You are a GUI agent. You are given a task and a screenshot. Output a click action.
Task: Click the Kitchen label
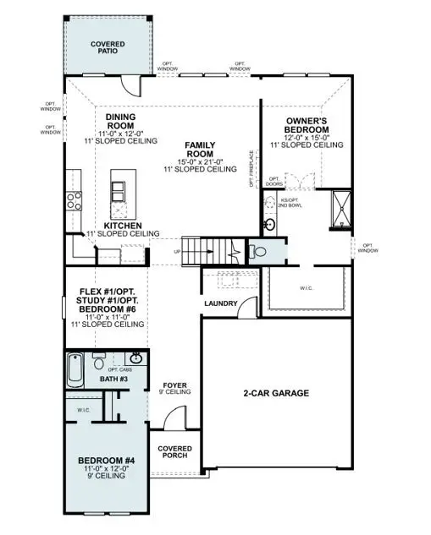tap(121, 226)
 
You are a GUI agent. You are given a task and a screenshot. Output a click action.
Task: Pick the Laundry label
tap(220, 303)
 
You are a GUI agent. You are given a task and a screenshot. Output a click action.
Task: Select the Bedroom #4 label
tap(103, 461)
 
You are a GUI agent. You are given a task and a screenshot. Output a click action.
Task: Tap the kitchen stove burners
tap(73, 201)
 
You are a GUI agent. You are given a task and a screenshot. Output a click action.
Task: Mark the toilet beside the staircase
tap(257, 252)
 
